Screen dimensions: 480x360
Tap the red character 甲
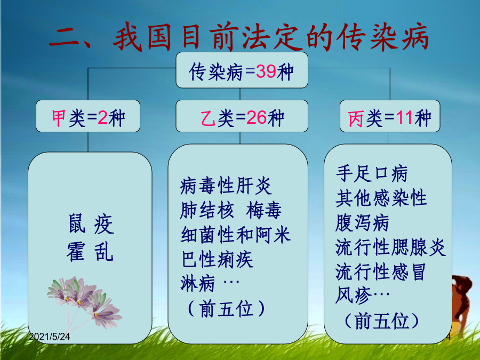pyautogui.click(x=59, y=118)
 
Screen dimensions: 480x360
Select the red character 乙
pyautogui.click(x=208, y=118)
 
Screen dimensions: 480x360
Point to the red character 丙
pyautogui.click(x=356, y=118)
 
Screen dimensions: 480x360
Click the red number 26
pyautogui.click(x=256, y=118)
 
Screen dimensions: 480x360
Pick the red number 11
pyautogui.click(x=405, y=118)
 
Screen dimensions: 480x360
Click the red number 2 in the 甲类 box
pyautogui.click(x=102, y=118)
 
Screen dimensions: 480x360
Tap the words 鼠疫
pyautogui.click(x=91, y=224)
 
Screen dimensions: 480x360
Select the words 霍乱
pyautogui.click(x=90, y=252)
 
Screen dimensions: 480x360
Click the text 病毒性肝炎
pyautogui.click(x=226, y=186)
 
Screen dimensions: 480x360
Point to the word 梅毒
pyautogui.click(x=264, y=210)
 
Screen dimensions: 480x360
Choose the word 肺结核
pyautogui.click(x=207, y=210)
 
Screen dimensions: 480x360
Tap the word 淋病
pyautogui.click(x=198, y=283)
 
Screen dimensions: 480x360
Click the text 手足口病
pyautogui.click(x=372, y=173)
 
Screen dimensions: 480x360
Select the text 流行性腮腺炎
pyautogui.click(x=390, y=247)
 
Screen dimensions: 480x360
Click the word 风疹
pyautogui.click(x=354, y=295)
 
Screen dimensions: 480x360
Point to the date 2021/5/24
pyautogui.click(x=50, y=337)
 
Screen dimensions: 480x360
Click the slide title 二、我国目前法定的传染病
pyautogui.click(x=239, y=38)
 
